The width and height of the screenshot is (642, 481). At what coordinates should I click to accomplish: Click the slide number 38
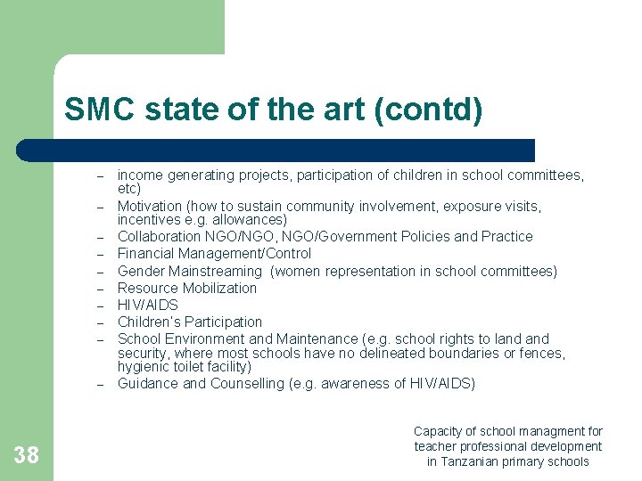[x=27, y=456]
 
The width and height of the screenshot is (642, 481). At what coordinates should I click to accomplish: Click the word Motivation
[x=149, y=207]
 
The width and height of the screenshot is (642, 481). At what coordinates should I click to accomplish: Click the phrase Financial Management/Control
[x=214, y=254]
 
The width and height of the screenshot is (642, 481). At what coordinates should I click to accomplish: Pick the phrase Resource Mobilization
[x=187, y=288]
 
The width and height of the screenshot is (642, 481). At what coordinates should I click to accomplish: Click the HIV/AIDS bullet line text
[x=148, y=305]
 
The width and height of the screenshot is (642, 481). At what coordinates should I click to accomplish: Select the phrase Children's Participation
[x=190, y=322]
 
